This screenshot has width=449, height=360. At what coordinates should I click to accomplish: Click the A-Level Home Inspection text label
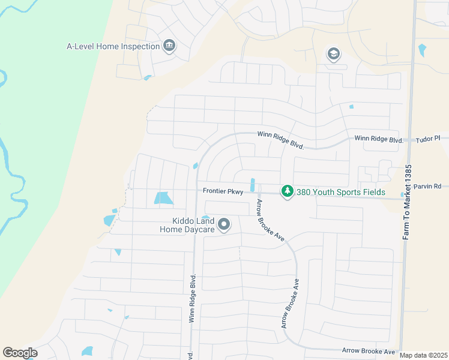pyautogui.click(x=113, y=46)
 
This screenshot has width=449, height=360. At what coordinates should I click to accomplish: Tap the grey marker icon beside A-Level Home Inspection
pyautogui.click(x=169, y=46)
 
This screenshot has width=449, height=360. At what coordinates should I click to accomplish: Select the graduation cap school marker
pyautogui.click(x=333, y=55)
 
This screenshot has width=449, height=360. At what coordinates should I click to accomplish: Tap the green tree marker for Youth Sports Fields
pyautogui.click(x=288, y=191)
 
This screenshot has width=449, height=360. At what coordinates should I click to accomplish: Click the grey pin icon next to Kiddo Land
pyautogui.click(x=224, y=225)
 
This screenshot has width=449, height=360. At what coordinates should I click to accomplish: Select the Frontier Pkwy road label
pyautogui.click(x=223, y=192)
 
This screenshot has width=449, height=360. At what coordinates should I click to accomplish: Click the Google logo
pyautogui.click(x=20, y=353)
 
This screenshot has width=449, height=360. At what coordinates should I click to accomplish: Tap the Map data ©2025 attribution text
pyautogui.click(x=423, y=355)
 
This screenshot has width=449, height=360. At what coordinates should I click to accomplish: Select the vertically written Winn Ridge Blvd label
pyautogui.click(x=192, y=299)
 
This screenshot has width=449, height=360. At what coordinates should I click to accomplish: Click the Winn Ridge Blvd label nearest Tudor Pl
pyautogui.click(x=378, y=139)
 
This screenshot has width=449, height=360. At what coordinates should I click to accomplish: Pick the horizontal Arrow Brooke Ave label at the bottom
pyautogui.click(x=369, y=350)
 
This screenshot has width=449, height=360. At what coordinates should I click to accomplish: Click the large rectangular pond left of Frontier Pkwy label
pyautogui.click(x=163, y=197)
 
